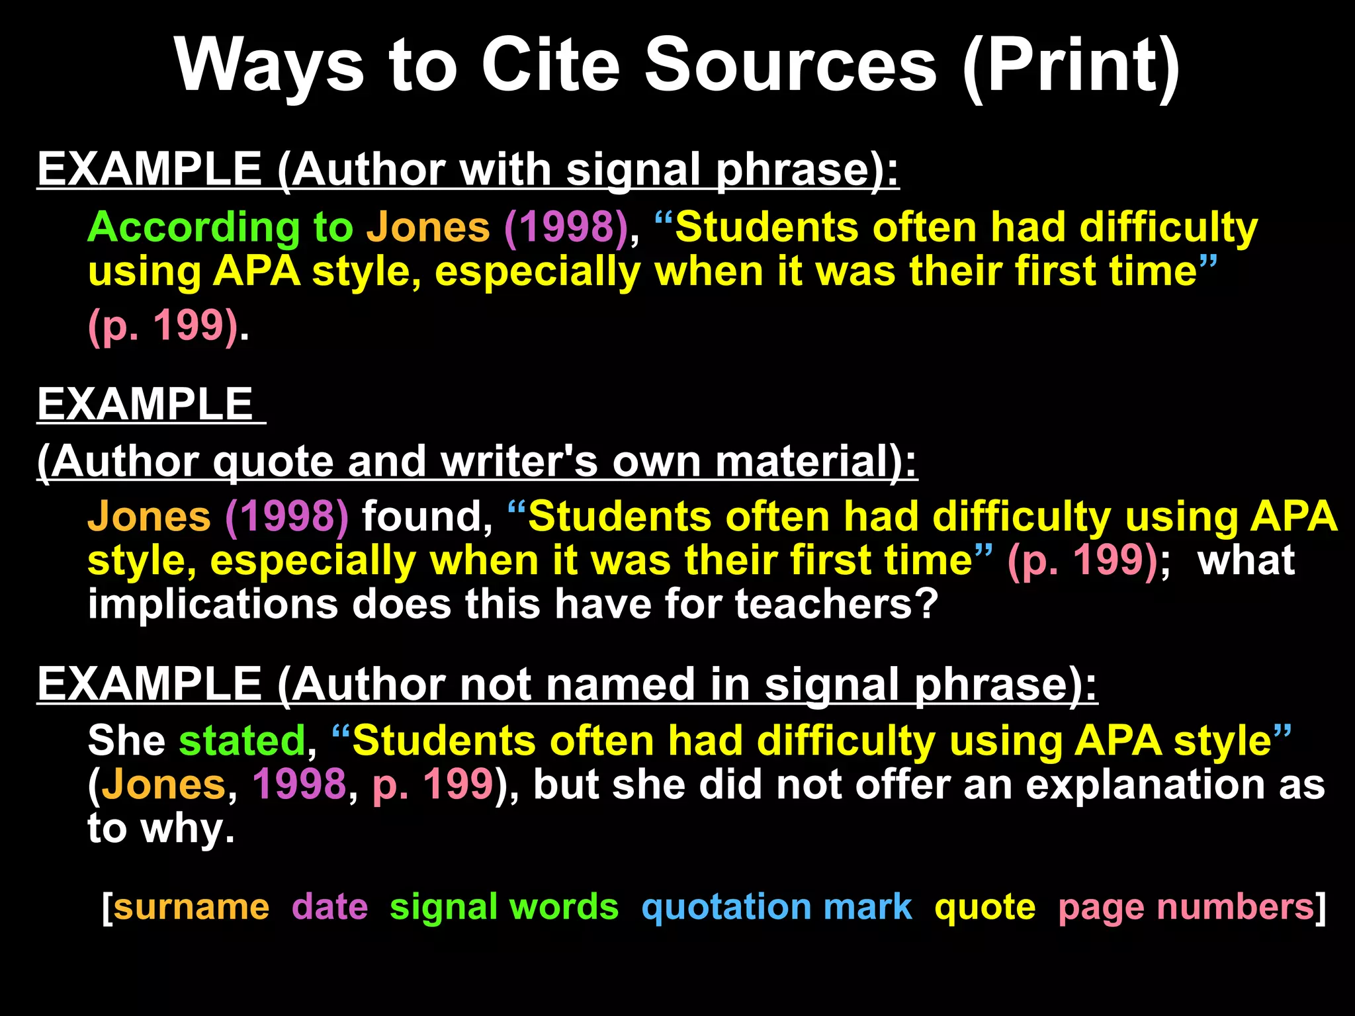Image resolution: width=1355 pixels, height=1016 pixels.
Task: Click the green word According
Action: click(193, 228)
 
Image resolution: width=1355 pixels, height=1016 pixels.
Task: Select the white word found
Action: click(427, 517)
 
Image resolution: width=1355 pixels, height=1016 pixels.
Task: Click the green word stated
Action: click(242, 740)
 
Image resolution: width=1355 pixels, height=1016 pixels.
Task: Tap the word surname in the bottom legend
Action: click(192, 907)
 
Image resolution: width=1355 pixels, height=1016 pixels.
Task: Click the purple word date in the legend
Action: click(329, 907)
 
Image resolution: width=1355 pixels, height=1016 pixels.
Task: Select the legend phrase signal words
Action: click(504, 907)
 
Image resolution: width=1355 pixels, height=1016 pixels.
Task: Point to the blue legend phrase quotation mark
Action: click(777, 907)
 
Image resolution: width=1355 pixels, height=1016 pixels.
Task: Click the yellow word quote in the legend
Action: click(984, 907)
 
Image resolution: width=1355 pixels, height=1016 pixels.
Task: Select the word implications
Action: click(213, 604)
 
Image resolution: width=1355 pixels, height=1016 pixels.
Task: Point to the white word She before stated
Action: click(126, 740)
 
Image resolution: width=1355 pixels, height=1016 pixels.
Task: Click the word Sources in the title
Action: click(791, 65)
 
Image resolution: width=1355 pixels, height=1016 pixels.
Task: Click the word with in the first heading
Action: click(505, 169)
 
